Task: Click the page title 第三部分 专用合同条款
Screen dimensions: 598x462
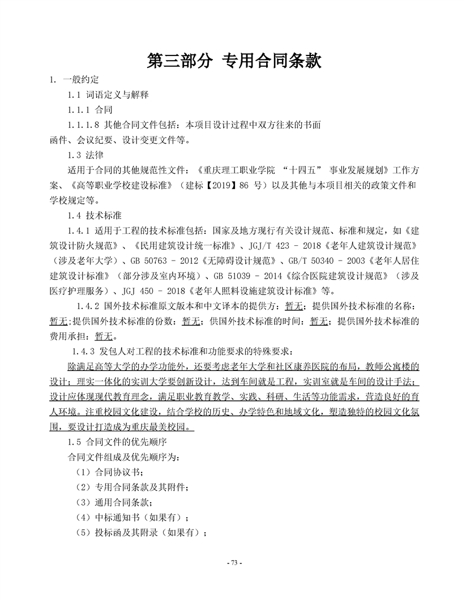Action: (x=234, y=61)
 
